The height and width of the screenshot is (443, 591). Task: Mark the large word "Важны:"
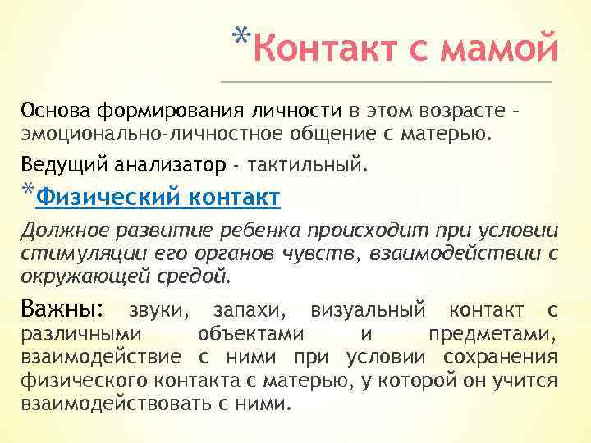pos(62,310)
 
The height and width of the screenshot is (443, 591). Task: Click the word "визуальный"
pos(369,312)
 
